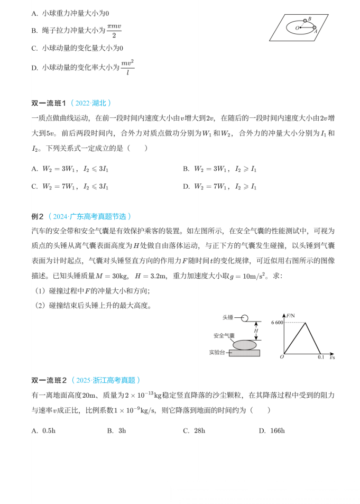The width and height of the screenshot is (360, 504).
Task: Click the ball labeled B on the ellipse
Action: coord(305,21)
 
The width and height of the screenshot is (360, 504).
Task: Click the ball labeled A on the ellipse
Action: coord(315,28)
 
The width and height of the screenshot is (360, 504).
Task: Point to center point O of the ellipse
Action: coord(301,28)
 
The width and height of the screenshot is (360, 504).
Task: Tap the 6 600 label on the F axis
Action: coord(277,322)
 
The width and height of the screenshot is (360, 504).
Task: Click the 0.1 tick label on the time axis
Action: coord(320,358)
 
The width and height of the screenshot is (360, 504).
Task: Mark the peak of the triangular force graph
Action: coord(305,323)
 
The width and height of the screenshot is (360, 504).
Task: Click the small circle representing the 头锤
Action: coord(244,318)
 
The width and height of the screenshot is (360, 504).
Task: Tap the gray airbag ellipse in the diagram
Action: coord(244,345)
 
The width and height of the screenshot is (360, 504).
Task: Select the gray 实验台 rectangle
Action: coord(244,353)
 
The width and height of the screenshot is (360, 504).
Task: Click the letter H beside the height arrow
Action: coord(256,332)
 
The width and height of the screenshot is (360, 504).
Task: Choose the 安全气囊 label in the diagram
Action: coord(224,335)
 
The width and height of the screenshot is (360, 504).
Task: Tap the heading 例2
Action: coord(38,216)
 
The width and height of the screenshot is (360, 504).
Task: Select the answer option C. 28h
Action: coord(194,430)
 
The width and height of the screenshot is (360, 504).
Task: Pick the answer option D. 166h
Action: coord(272,430)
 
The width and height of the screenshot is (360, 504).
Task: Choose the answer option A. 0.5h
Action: coord(43,430)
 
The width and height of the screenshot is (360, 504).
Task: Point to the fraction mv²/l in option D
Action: coord(127,68)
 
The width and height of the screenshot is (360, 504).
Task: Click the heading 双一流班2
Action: coord(49,380)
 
